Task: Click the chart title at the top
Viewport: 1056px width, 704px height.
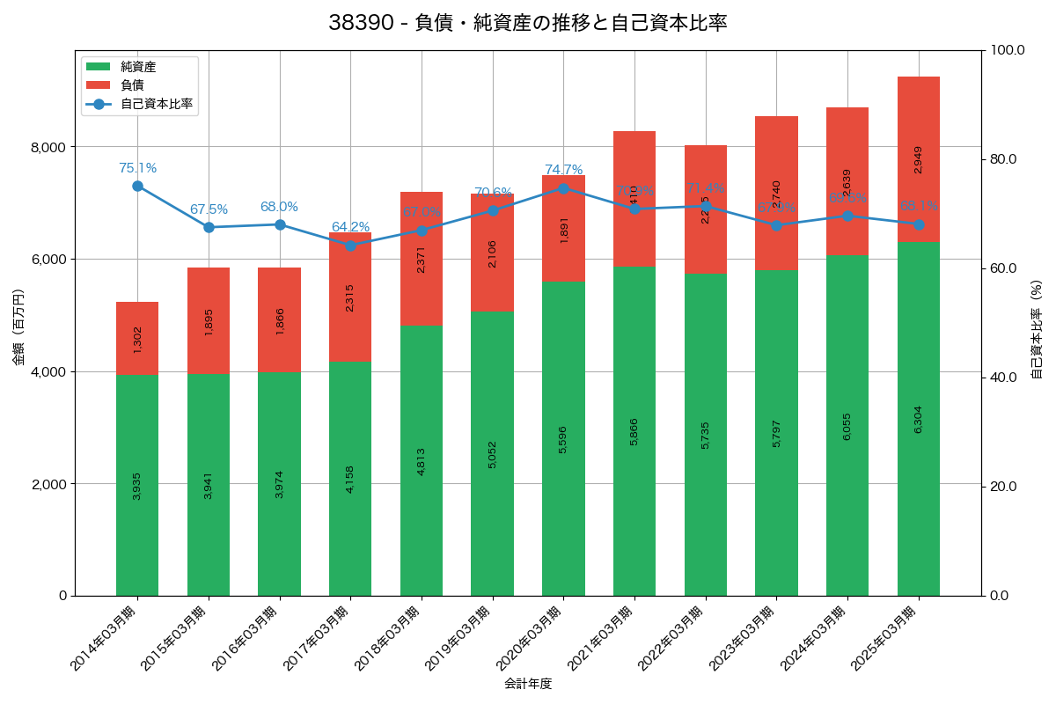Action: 527,23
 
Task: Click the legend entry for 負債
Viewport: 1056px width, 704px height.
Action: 132,84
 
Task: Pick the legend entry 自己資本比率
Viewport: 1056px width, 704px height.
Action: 157,103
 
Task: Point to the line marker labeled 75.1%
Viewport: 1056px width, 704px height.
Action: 137,186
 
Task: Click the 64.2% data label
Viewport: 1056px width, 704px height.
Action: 350,227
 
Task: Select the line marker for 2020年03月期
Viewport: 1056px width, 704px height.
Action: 563,188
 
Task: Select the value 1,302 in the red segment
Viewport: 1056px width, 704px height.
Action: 137,340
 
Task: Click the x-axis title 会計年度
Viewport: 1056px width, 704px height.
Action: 527,684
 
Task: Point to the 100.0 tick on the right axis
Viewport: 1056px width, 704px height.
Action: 1006,50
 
